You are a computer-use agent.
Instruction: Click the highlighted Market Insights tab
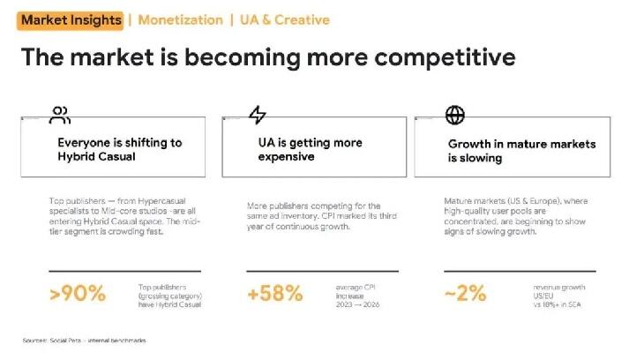coord(71,20)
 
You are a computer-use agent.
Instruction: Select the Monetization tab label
coord(180,19)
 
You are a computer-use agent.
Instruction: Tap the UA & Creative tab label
coord(285,19)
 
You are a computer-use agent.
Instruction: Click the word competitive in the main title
coord(445,57)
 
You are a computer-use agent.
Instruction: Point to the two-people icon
coord(60,115)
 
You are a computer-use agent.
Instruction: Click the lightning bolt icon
coord(258,115)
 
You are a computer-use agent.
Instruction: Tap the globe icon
coord(455,115)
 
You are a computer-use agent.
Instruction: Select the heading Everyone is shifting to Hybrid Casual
coord(119,150)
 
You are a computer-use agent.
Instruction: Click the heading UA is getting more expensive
coord(310,150)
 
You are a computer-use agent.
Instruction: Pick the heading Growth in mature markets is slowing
coord(521,151)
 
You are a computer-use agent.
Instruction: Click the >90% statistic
coord(78,294)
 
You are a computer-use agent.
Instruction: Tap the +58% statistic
coord(274,294)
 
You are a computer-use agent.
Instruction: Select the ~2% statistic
coord(465,294)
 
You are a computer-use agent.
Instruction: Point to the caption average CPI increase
coord(356,291)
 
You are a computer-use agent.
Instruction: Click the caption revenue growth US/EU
coord(559,291)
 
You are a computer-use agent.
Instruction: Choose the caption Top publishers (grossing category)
coord(170,291)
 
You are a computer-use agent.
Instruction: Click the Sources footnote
coord(84,341)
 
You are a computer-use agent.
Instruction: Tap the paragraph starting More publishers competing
coord(322,216)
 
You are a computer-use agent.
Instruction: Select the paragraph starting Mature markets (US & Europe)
coord(516,216)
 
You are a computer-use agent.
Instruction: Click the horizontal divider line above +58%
coord(322,271)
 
